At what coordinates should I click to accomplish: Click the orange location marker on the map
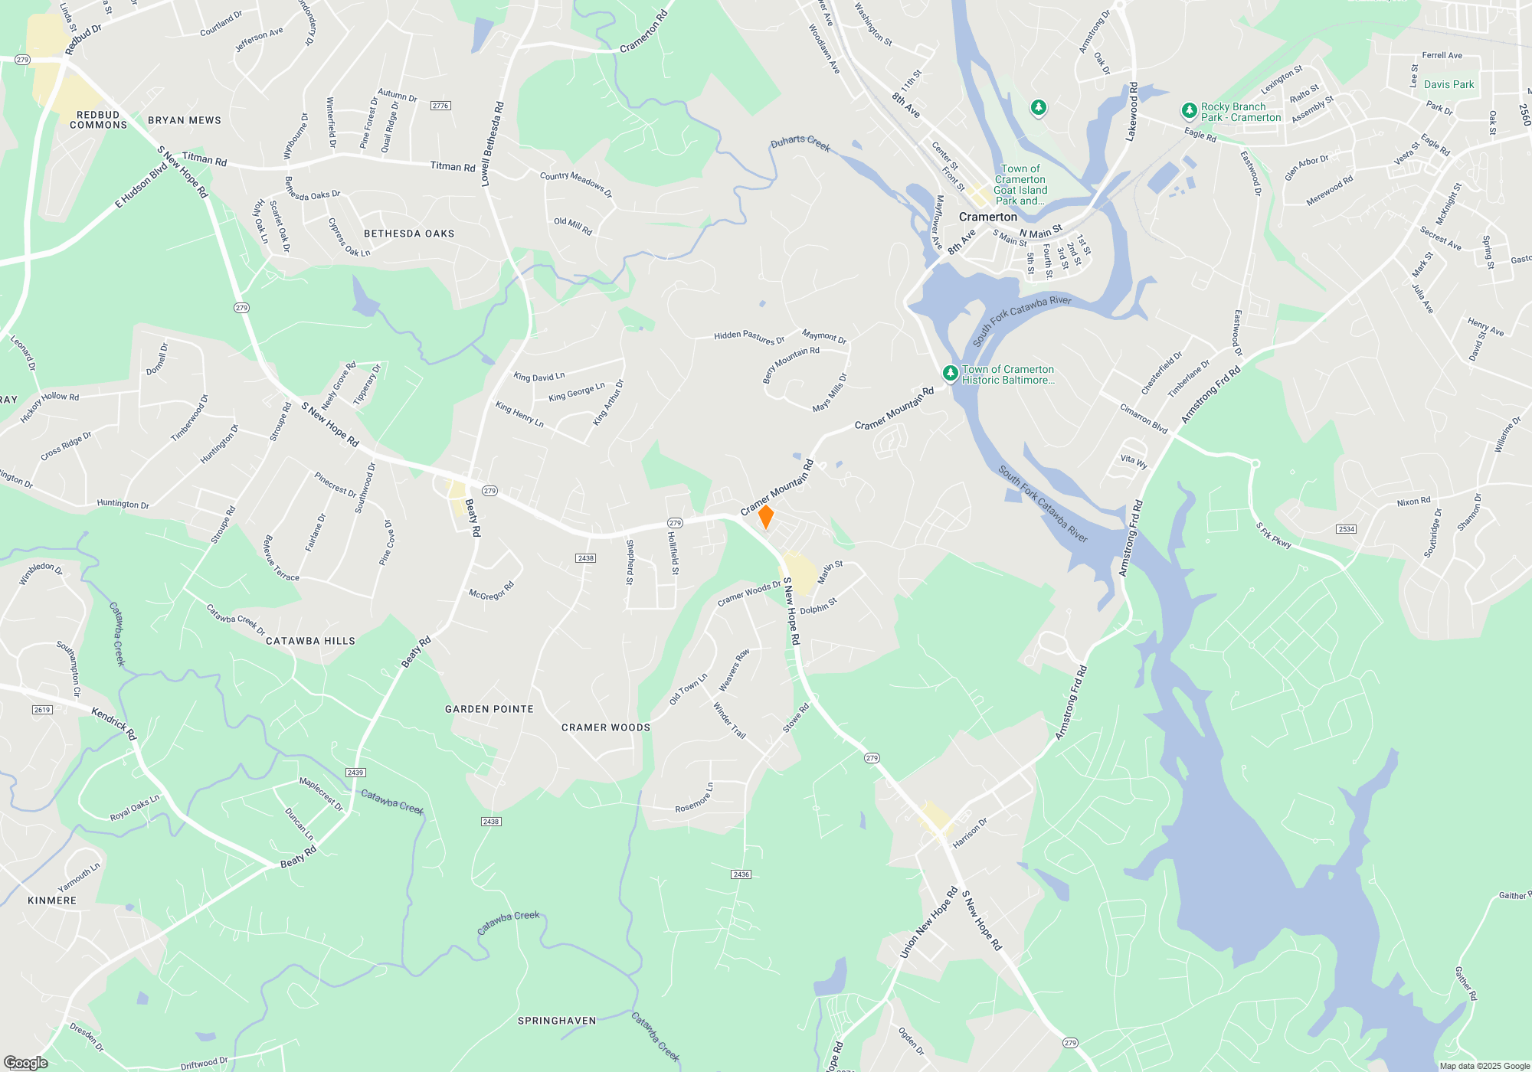[765, 517]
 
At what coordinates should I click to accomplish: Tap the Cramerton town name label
[988, 217]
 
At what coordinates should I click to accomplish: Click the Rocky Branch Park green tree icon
[1189, 112]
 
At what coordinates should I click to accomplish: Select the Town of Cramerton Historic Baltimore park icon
[950, 374]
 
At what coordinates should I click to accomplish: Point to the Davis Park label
[1449, 85]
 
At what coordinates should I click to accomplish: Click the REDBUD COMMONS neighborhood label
[98, 120]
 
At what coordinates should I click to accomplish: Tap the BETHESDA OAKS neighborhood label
[409, 234]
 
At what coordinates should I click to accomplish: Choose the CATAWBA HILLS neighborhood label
[310, 641]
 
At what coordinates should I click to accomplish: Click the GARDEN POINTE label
[489, 709]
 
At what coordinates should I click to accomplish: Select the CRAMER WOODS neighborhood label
[606, 727]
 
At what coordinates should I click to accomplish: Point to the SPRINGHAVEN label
[557, 1021]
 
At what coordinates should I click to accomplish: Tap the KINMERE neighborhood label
[52, 900]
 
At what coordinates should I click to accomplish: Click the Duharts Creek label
[800, 143]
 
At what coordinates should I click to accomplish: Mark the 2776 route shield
[440, 106]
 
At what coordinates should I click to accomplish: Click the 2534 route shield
[1346, 529]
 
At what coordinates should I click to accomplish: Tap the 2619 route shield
[42, 710]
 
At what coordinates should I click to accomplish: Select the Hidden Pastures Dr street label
[749, 337]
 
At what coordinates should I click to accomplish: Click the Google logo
[25, 1063]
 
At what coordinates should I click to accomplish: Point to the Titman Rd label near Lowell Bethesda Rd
[453, 166]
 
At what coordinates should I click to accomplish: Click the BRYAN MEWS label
[185, 120]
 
